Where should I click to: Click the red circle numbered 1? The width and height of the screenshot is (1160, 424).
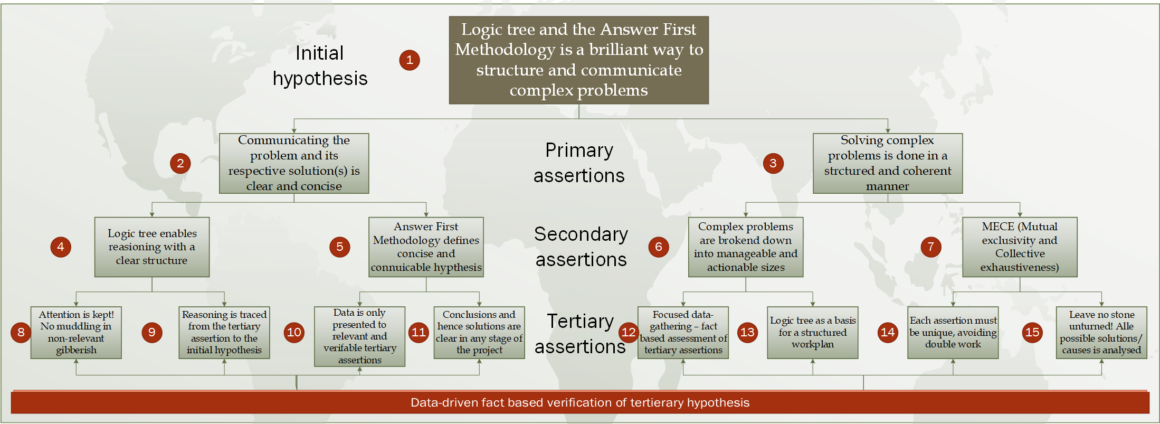tap(410, 60)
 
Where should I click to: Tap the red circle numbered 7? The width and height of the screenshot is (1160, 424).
tap(931, 247)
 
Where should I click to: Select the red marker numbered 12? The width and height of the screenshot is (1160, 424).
tap(629, 332)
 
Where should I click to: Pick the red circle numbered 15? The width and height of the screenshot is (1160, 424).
tap(1032, 332)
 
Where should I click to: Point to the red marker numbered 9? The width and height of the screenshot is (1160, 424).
tap(152, 332)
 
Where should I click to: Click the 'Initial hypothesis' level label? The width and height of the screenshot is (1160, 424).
tap(320, 65)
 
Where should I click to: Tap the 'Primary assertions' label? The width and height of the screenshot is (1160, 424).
tap(579, 163)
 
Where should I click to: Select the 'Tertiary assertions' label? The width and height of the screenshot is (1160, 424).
tap(580, 334)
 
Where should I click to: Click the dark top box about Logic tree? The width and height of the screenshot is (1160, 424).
tap(579, 60)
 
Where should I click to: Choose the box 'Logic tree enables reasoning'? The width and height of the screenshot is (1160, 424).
tap(152, 247)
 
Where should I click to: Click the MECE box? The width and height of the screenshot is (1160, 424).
tap(1020, 247)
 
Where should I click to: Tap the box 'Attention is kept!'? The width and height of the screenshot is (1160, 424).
tap(76, 333)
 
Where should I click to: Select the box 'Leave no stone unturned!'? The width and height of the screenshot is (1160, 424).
tap(1101, 333)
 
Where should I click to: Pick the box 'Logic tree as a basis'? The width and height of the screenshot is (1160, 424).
tap(813, 333)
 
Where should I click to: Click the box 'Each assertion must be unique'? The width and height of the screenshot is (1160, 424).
tap(953, 333)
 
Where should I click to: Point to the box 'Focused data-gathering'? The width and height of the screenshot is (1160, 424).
tap(683, 333)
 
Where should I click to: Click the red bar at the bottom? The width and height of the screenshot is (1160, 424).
tap(580, 402)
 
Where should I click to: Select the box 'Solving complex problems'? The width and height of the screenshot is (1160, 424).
tap(888, 163)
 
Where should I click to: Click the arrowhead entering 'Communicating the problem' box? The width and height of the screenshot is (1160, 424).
tap(294, 130)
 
